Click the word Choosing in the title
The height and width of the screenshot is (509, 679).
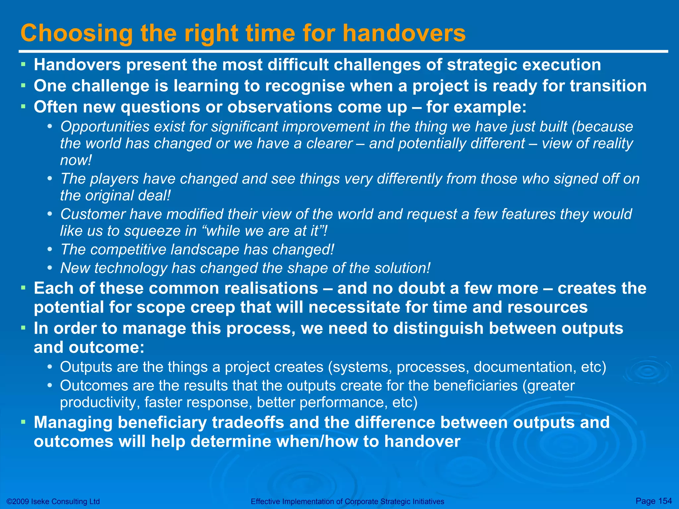[77, 34]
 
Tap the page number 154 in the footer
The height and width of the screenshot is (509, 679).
[665, 500]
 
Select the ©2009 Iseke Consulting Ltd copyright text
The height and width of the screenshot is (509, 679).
[53, 501]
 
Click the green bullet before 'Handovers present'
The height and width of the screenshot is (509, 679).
[23, 64]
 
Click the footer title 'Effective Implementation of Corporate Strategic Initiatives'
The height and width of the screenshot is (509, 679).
[347, 502]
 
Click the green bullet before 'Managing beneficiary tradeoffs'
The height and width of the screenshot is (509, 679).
[23, 422]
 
